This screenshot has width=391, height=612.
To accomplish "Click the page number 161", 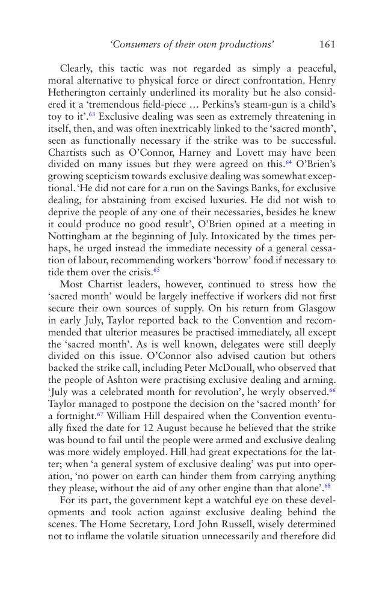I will pyautogui.click(x=327, y=44).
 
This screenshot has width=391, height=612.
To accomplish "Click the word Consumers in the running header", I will pyautogui.click(x=138, y=44).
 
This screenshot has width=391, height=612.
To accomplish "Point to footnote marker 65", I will pyautogui.click(x=156, y=270).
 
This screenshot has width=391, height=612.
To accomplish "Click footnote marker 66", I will pyautogui.click(x=332, y=390).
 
